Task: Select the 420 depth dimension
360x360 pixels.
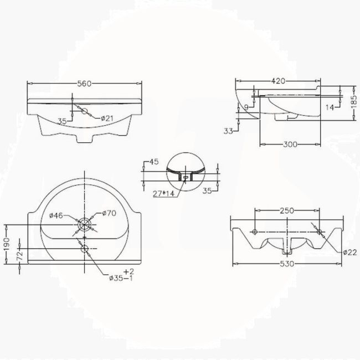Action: (x=278, y=81)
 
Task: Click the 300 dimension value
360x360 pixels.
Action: (x=290, y=145)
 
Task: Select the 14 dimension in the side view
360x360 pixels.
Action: (x=330, y=107)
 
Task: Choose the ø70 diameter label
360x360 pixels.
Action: (x=109, y=213)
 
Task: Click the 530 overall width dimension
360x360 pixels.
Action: (x=287, y=264)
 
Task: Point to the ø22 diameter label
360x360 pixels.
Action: (x=349, y=252)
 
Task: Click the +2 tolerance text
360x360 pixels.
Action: (x=128, y=271)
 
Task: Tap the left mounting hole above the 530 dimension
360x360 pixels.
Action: (x=254, y=230)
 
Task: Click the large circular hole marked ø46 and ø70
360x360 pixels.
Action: (x=84, y=224)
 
